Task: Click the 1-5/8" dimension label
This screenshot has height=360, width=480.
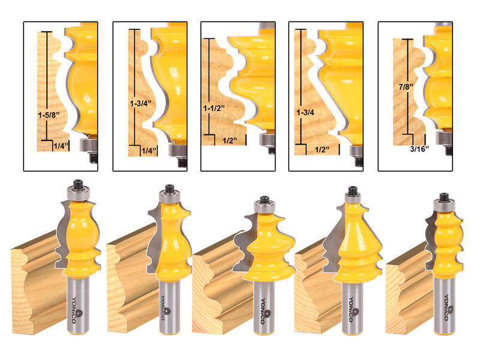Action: (x=49, y=115)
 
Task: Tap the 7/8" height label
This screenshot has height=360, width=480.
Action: (x=406, y=87)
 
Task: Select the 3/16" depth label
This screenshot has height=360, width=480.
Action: (x=419, y=149)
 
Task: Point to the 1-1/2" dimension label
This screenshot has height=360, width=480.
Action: (x=214, y=108)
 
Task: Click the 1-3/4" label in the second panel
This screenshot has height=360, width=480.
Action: (x=140, y=103)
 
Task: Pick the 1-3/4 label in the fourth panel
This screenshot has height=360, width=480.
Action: (x=305, y=113)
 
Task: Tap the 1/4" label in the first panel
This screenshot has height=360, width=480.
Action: (x=61, y=146)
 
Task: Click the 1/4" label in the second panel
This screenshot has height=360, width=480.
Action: (x=149, y=151)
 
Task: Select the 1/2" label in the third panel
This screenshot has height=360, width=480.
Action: (x=230, y=141)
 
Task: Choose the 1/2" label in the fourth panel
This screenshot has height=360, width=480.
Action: (x=322, y=149)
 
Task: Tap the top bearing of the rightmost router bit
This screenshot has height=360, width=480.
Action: (x=444, y=205)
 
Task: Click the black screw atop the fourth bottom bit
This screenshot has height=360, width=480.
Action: (x=353, y=190)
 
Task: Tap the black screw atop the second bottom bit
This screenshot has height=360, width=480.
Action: (x=169, y=188)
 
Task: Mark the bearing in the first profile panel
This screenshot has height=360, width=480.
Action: (x=88, y=145)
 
